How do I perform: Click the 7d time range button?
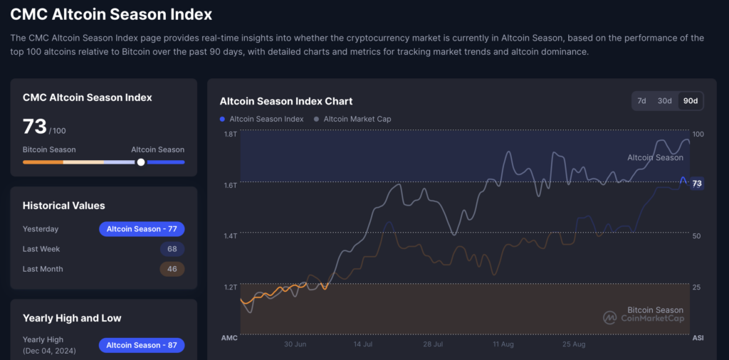[641, 101]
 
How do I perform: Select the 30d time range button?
[664, 101]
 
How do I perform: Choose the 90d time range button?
[690, 101]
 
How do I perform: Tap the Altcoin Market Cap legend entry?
[357, 119]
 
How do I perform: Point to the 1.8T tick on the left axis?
[230, 134]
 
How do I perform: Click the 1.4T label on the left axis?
[230, 235]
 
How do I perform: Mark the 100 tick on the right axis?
[698, 134]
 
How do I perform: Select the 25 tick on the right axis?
[697, 287]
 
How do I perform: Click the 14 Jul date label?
[364, 344]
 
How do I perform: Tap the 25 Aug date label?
[573, 344]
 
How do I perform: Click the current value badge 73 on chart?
[697, 184]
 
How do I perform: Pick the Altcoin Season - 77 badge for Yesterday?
[142, 229]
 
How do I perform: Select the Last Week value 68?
[172, 249]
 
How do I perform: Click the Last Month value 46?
[172, 269]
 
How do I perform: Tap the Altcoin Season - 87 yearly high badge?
[142, 345]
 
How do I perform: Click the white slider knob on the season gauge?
[141, 162]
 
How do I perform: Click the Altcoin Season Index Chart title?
[286, 101]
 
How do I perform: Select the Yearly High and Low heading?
[72, 318]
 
